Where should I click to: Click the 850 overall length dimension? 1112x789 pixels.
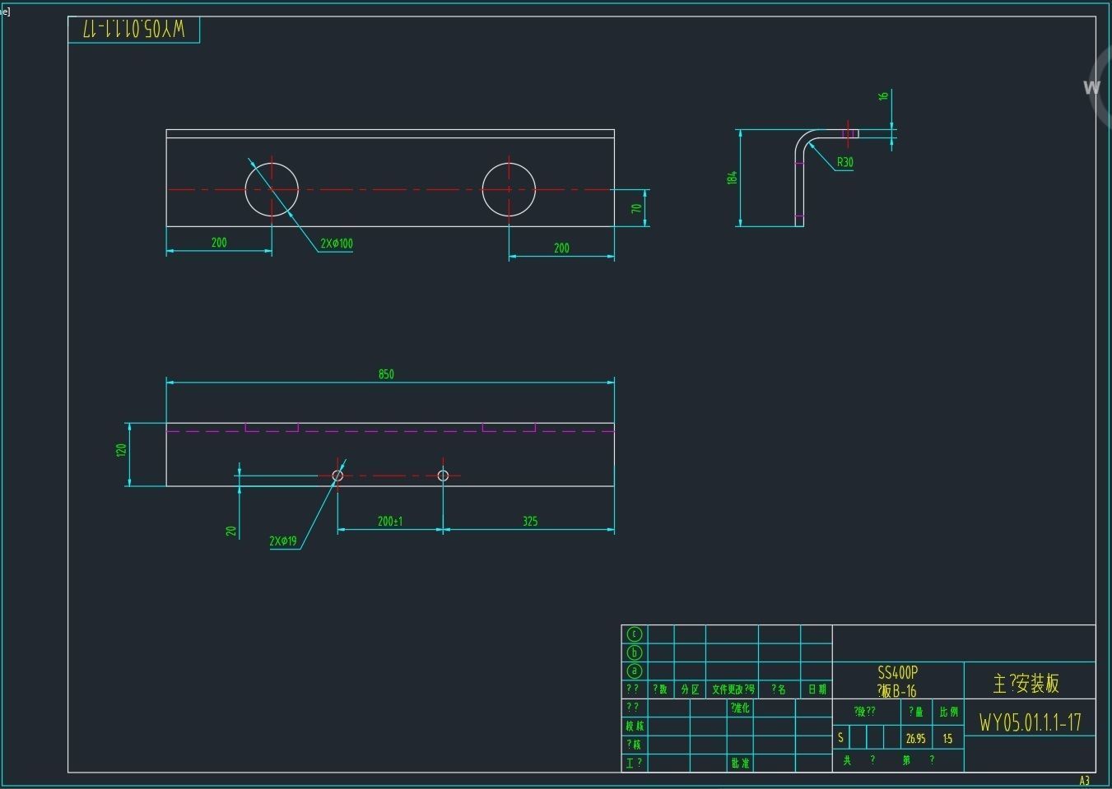386,374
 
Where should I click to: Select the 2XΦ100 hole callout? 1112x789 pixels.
336,244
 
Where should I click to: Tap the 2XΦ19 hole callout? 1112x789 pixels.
282,541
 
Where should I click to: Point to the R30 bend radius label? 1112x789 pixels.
845,162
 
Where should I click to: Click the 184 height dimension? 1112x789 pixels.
732,177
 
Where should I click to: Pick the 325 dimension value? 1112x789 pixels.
530,521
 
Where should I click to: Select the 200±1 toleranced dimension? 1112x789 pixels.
390,521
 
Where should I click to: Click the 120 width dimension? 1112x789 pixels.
121,450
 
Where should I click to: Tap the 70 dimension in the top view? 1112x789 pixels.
636,208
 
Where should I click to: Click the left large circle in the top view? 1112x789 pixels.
272,189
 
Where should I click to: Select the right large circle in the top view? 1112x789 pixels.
509,189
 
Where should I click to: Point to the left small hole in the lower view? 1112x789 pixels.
337,476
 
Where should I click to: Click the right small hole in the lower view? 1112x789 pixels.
443,476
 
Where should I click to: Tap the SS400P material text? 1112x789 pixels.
897,673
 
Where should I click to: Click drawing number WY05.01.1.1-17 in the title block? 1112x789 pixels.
1030,722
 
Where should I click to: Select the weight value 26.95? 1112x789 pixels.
915,739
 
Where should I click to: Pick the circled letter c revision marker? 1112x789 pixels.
634,634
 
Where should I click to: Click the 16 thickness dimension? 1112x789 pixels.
883,95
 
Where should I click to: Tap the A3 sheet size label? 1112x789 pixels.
1084,781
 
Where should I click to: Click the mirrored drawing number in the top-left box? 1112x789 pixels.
134,30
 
